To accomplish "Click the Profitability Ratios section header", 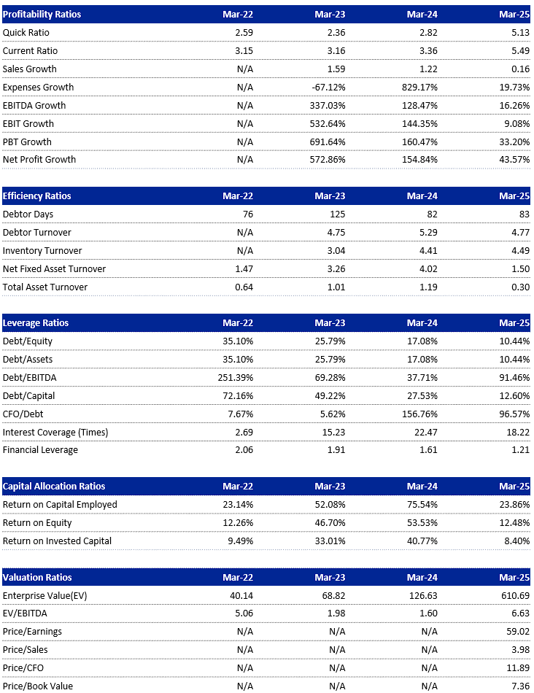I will (x=42, y=15).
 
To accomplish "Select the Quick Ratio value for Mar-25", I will (x=519, y=33).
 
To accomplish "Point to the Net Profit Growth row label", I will (x=39, y=160).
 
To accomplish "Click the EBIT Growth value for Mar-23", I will (x=326, y=123).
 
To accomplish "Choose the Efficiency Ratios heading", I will (x=37, y=196).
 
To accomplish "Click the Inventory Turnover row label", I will (x=42, y=251).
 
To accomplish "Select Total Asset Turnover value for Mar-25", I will (x=519, y=287).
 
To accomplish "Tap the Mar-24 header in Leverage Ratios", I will (x=422, y=323).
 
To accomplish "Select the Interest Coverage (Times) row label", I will (x=55, y=432).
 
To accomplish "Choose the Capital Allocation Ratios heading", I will (x=54, y=487).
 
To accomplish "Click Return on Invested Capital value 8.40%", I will (x=516, y=541).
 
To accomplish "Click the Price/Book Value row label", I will (x=38, y=686).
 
